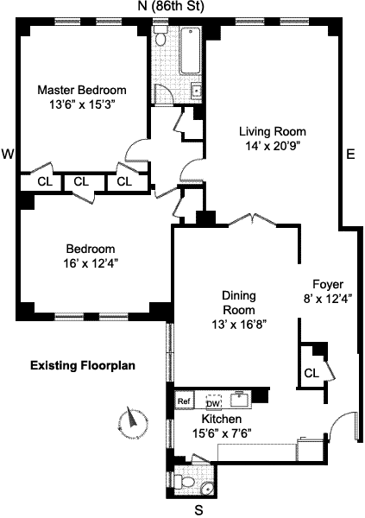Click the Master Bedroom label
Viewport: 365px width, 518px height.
click(x=82, y=90)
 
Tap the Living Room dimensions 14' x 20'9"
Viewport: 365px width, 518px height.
click(x=273, y=146)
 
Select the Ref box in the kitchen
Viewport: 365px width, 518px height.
click(x=184, y=401)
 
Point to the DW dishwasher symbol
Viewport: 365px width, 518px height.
click(x=214, y=401)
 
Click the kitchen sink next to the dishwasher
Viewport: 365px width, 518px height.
click(x=241, y=400)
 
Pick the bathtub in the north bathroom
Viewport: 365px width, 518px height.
click(x=191, y=51)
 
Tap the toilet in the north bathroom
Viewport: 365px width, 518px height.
click(x=160, y=37)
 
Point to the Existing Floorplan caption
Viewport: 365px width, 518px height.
click(x=83, y=366)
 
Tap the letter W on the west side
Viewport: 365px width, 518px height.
click(x=8, y=154)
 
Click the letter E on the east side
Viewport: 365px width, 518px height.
click(x=350, y=154)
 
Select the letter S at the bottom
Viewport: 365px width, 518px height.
click(x=198, y=509)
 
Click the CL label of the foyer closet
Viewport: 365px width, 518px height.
click(x=312, y=373)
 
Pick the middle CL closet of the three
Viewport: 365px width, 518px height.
click(x=81, y=181)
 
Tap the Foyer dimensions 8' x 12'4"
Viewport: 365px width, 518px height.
click(x=328, y=299)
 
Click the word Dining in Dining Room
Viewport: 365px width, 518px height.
click(x=239, y=295)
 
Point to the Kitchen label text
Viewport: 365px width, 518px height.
click(x=221, y=419)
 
